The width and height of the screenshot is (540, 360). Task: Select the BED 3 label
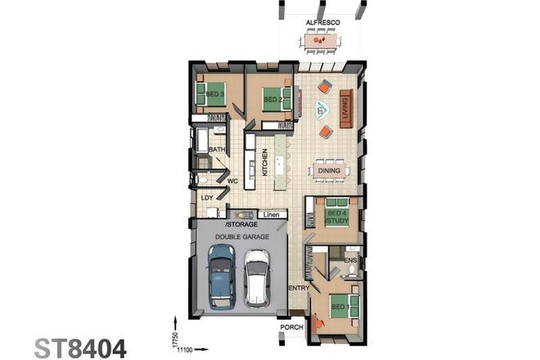point(214,95)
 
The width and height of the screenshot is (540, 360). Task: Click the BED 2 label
point(272,101)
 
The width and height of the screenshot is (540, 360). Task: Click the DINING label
point(329,170)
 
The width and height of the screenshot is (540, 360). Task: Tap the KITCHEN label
point(265,161)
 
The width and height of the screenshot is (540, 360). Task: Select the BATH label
point(217,150)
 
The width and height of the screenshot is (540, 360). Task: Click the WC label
point(232,181)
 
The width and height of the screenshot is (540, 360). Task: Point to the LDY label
point(207,197)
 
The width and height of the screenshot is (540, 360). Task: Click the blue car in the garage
point(220,277)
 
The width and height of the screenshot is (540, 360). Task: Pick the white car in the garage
point(257,277)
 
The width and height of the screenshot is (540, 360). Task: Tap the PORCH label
point(292,327)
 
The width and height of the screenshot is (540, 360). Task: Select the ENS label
point(351,260)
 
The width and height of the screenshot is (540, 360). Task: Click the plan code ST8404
point(81,349)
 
